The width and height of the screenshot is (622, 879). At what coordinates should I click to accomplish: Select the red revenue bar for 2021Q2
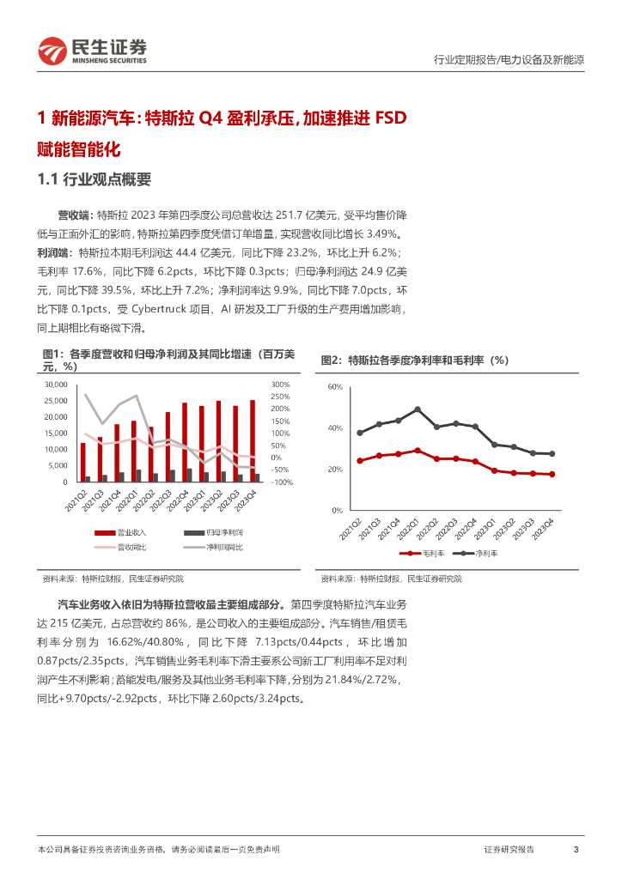(83, 462)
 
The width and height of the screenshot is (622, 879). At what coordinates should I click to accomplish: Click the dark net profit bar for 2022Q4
(189, 475)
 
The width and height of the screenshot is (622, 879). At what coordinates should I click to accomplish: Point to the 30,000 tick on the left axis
(55, 385)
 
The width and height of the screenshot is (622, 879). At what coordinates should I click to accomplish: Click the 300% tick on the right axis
(280, 385)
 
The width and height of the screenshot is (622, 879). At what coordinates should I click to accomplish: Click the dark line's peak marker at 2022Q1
(418, 409)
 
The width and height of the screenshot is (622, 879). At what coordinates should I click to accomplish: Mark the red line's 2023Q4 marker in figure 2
(551, 474)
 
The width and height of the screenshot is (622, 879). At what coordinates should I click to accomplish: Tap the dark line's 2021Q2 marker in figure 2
(360, 433)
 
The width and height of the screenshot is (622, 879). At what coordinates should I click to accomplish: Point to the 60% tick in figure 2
(335, 388)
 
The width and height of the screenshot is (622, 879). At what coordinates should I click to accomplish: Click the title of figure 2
(414, 361)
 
